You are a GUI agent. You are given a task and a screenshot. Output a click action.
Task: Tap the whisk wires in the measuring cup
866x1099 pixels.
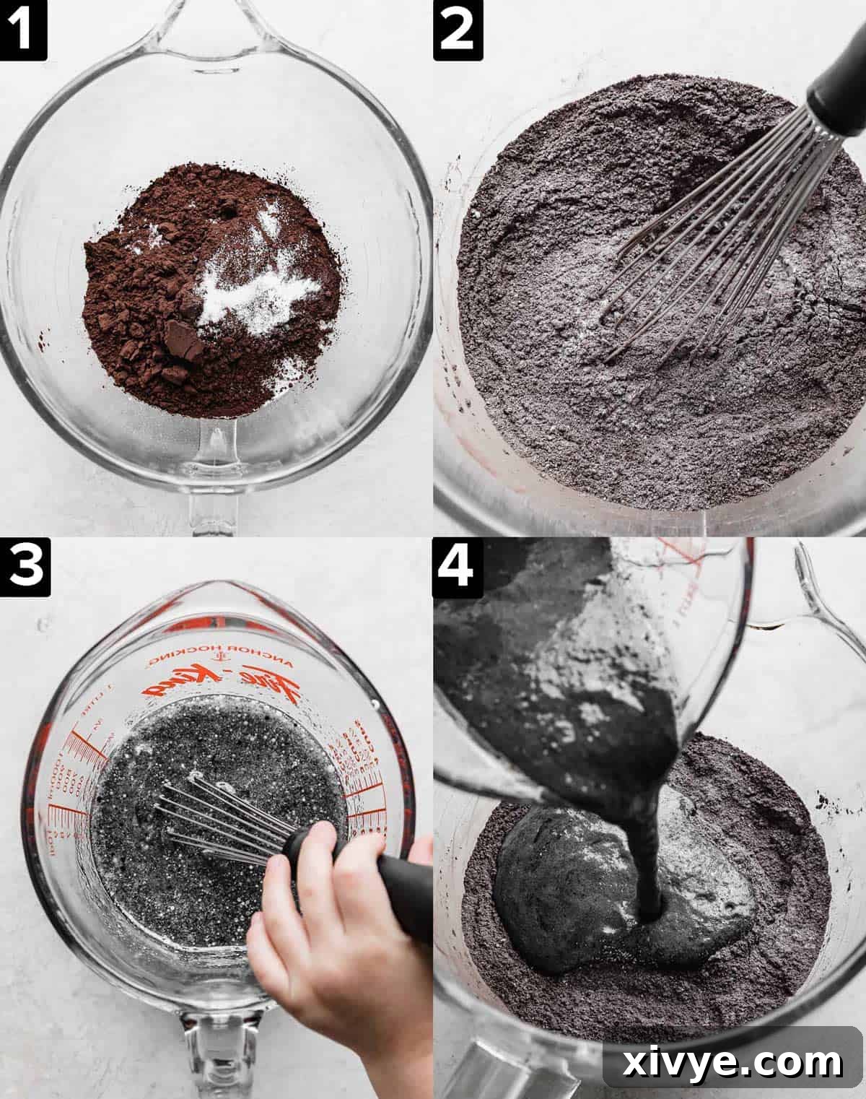coord(216,812)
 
